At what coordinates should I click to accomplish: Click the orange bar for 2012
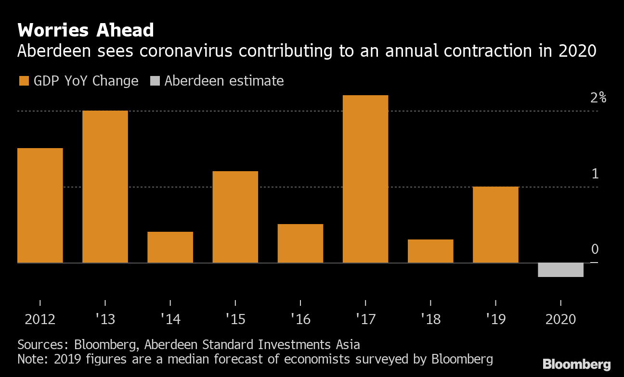point(40,205)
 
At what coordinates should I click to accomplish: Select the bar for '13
point(105,187)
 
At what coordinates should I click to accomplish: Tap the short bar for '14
point(170,247)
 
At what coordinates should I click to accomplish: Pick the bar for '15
point(235,217)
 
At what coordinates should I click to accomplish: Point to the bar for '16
point(300,243)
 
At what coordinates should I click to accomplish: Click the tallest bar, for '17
point(365,179)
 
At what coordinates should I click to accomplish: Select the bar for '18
point(430,251)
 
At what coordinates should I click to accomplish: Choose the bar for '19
point(495,225)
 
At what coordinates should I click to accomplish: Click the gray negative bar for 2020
point(560,270)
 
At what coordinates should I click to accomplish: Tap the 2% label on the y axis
point(598,98)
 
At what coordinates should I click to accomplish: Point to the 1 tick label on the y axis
point(595,174)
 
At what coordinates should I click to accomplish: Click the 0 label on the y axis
point(595,249)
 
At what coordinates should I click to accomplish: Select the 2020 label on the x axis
point(560,319)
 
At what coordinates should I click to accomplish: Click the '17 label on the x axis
point(365,319)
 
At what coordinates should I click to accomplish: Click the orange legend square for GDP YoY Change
point(24,81)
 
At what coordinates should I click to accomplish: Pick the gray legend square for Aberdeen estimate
point(155,81)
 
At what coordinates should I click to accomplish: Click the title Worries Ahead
point(86,31)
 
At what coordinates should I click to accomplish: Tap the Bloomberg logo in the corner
point(576,364)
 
